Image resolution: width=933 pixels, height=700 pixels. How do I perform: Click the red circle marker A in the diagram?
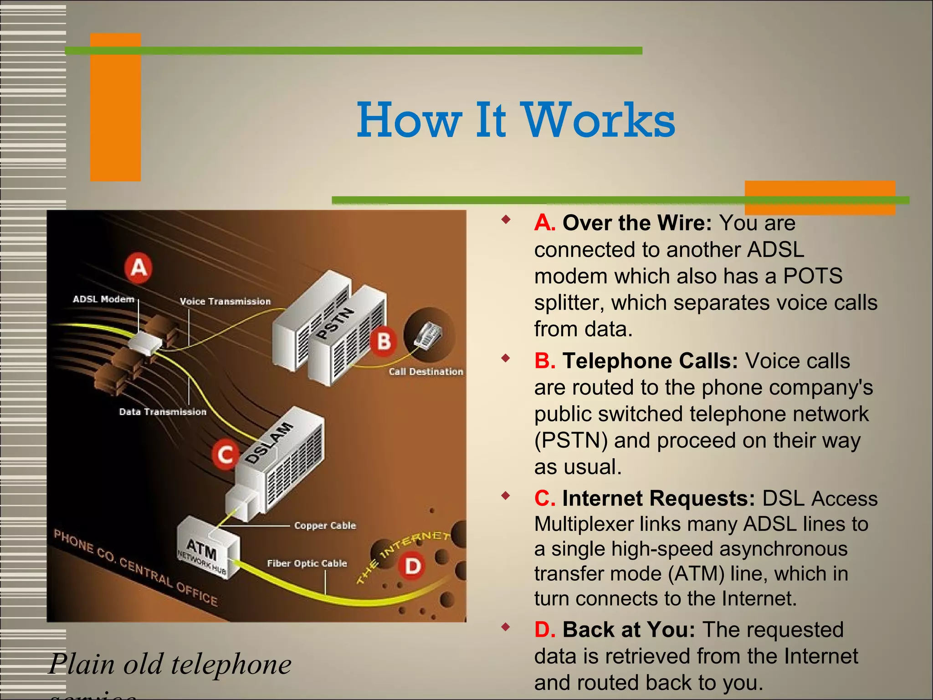pyautogui.click(x=138, y=268)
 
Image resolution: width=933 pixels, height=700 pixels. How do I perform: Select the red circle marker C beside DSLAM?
pyautogui.click(x=225, y=454)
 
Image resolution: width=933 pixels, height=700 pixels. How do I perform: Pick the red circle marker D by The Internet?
pyautogui.click(x=413, y=566)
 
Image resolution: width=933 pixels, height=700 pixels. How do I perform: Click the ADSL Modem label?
pyautogui.click(x=103, y=299)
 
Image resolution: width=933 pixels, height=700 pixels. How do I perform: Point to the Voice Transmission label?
pyautogui.click(x=225, y=301)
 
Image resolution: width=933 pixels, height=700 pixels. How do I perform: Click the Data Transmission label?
pyautogui.click(x=163, y=412)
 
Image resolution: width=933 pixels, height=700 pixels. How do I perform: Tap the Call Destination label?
pyautogui.click(x=426, y=372)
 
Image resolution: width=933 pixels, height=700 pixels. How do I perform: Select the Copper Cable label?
pyautogui.click(x=325, y=525)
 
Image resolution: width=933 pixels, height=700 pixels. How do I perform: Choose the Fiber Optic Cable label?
pyautogui.click(x=307, y=564)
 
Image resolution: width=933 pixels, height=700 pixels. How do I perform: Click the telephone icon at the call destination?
pyautogui.click(x=428, y=335)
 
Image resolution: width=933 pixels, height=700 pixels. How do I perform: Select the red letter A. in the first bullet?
pyautogui.click(x=544, y=223)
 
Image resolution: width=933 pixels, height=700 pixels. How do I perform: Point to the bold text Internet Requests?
pyautogui.click(x=659, y=498)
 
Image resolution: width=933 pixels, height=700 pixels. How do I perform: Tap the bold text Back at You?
pyautogui.click(x=629, y=630)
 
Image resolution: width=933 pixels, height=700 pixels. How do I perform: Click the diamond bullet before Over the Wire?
pyautogui.click(x=505, y=220)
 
